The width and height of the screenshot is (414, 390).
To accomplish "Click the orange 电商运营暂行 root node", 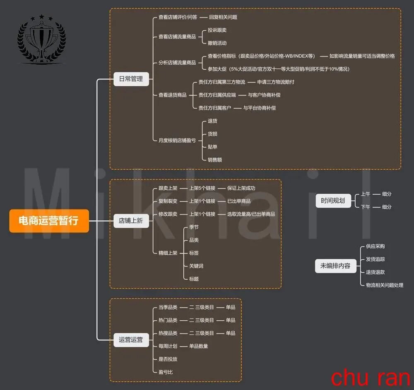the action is (49, 221).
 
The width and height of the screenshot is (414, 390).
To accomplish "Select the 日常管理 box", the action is (131, 79).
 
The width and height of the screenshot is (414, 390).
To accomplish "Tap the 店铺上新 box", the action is (131, 221).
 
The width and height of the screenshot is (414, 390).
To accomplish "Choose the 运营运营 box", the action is (131, 340).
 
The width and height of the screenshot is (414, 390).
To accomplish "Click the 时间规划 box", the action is (333, 200).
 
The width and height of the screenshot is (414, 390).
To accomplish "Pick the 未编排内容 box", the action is (336, 266).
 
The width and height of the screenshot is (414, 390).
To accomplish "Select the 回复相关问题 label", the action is (223, 17).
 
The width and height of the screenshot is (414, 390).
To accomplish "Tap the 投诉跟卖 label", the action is (217, 30).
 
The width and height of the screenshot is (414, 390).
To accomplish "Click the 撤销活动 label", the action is (217, 43).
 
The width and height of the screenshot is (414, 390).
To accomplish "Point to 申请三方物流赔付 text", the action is (276, 82).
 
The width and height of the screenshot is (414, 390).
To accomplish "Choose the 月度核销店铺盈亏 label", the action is (177, 141).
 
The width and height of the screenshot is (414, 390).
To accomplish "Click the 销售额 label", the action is (214, 160).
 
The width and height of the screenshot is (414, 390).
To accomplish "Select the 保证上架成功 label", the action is (241, 188).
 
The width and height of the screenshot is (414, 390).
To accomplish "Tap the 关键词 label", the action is (196, 266).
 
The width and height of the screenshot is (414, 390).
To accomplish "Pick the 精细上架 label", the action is (168, 253).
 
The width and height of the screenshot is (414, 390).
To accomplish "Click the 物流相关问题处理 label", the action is (385, 285).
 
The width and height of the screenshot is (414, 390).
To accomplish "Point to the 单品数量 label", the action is (199, 346).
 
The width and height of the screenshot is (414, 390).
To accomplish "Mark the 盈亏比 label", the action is (166, 372).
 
